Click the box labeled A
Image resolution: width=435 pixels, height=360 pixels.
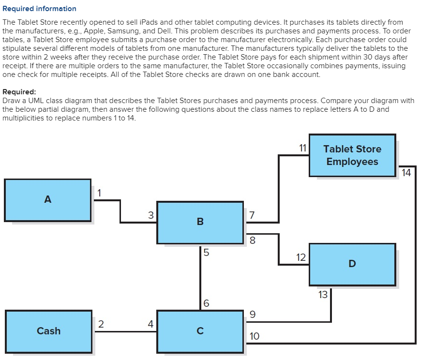(47, 200)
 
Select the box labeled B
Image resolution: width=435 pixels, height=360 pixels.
(200, 222)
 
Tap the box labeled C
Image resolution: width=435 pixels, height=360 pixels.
(200, 331)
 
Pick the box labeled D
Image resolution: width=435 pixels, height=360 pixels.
(352, 264)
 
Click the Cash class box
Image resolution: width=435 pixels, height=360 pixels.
(48, 331)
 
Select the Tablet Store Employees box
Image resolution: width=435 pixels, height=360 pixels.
(352, 155)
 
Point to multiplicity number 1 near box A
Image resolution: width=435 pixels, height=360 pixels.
(99, 192)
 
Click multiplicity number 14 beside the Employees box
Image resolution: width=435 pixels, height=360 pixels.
(406, 173)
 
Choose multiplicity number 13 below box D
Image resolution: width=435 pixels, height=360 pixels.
(323, 294)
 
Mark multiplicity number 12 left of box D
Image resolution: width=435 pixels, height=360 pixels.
(300, 257)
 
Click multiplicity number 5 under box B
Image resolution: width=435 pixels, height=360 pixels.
(206, 252)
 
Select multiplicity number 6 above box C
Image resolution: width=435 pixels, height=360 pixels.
(206, 303)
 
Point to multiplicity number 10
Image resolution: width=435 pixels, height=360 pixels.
(254, 336)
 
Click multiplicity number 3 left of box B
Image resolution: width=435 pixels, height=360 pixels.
(150, 215)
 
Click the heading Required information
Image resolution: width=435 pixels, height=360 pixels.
(39, 9)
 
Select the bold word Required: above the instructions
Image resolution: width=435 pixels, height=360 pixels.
(19, 92)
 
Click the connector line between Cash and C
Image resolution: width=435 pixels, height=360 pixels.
(124, 331)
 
